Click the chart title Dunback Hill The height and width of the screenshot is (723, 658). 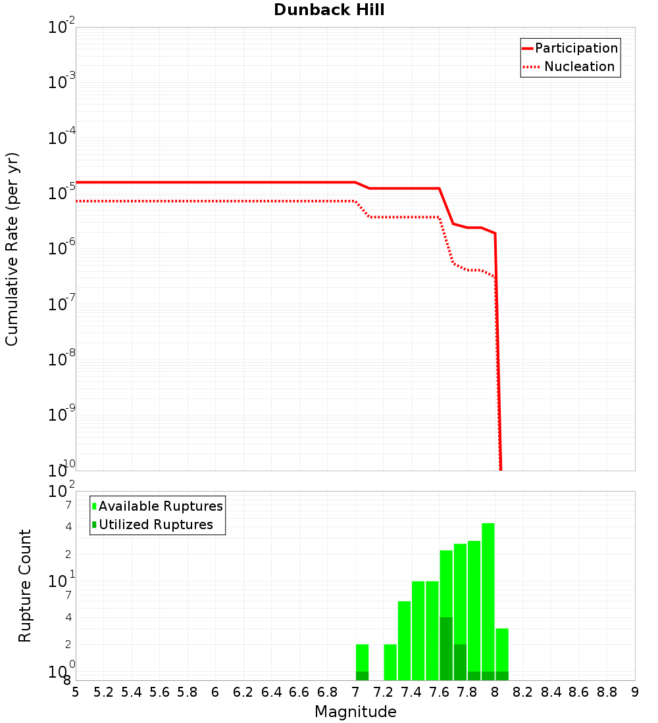click(329, 10)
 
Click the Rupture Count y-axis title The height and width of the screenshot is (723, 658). click(25, 585)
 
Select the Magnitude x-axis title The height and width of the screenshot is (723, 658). click(355, 712)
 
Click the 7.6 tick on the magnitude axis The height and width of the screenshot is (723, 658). click(440, 692)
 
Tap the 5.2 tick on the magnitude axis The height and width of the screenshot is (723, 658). click(104, 692)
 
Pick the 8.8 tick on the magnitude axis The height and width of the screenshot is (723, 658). click(607, 692)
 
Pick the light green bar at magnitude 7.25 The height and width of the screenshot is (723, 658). click(390, 662)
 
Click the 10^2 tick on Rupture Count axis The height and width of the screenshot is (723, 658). click(62, 491)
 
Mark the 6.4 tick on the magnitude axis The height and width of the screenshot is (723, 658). click(272, 692)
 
